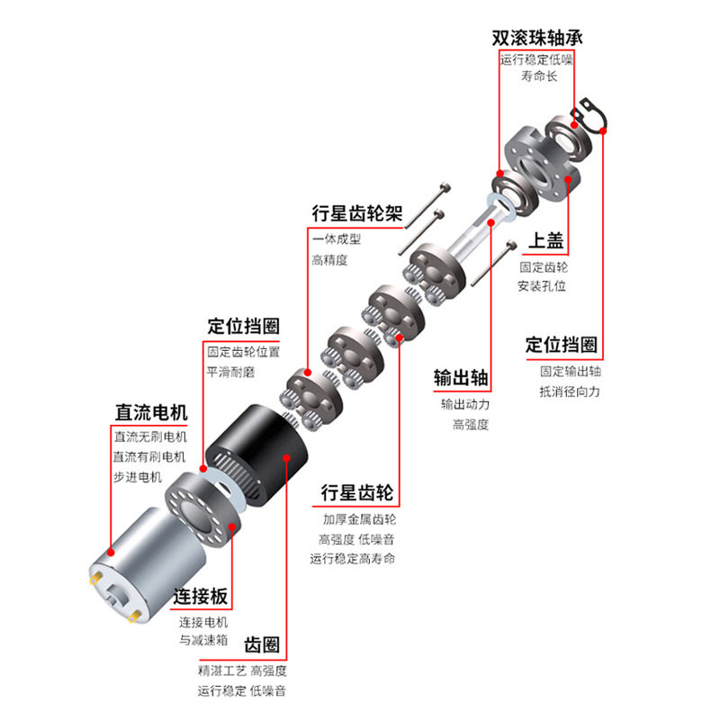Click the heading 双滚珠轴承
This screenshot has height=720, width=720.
pos(536,39)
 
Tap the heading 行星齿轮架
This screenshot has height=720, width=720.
pos(357,213)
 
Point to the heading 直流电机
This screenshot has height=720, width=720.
pos(150,413)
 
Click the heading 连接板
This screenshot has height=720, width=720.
pos(202,597)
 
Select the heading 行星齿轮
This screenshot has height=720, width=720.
pos(357,493)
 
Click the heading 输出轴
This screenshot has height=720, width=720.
pos(461,377)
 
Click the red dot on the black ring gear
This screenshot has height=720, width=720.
pos(287,456)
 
